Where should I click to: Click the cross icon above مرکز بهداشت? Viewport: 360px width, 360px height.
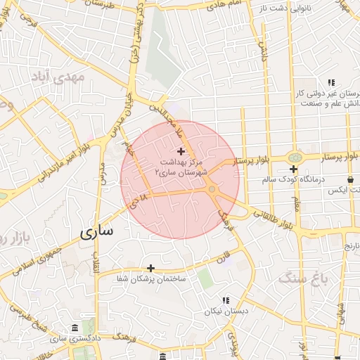coord(181,151)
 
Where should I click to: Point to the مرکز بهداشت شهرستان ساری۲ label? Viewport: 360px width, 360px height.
coord(181,167)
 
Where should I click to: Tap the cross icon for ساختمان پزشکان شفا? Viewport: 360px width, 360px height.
coord(150,268)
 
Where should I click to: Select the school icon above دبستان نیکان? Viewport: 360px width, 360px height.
coord(226,300)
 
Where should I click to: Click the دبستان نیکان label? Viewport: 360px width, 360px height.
coord(223,311)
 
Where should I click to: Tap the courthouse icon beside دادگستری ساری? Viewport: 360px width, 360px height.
coord(75,328)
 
